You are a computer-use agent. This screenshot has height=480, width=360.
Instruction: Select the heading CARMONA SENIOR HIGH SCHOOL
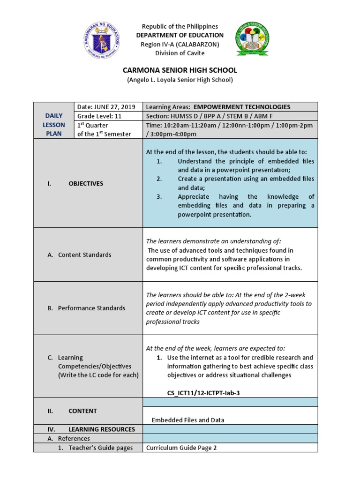[x=180, y=70]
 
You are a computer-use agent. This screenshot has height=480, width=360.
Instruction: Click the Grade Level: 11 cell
[x=99, y=116]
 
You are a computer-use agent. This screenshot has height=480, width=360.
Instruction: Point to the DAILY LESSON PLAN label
[x=53, y=125]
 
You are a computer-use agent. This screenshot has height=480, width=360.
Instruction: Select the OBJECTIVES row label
[x=85, y=184]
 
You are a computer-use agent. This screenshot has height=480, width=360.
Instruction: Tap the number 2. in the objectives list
[x=159, y=179]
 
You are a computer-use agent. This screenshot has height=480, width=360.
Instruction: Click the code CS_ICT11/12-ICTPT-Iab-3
[x=203, y=393]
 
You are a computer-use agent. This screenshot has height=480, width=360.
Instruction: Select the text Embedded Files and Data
[x=187, y=420]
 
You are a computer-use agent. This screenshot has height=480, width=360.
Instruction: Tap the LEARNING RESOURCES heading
[x=101, y=429]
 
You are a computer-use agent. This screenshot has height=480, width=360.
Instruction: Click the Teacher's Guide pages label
[x=100, y=448]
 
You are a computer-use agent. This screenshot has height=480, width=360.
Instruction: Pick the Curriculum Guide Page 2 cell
[x=181, y=448]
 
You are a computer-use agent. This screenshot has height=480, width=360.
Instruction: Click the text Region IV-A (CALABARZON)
[x=180, y=44]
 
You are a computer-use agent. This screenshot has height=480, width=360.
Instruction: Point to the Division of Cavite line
[x=180, y=53]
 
